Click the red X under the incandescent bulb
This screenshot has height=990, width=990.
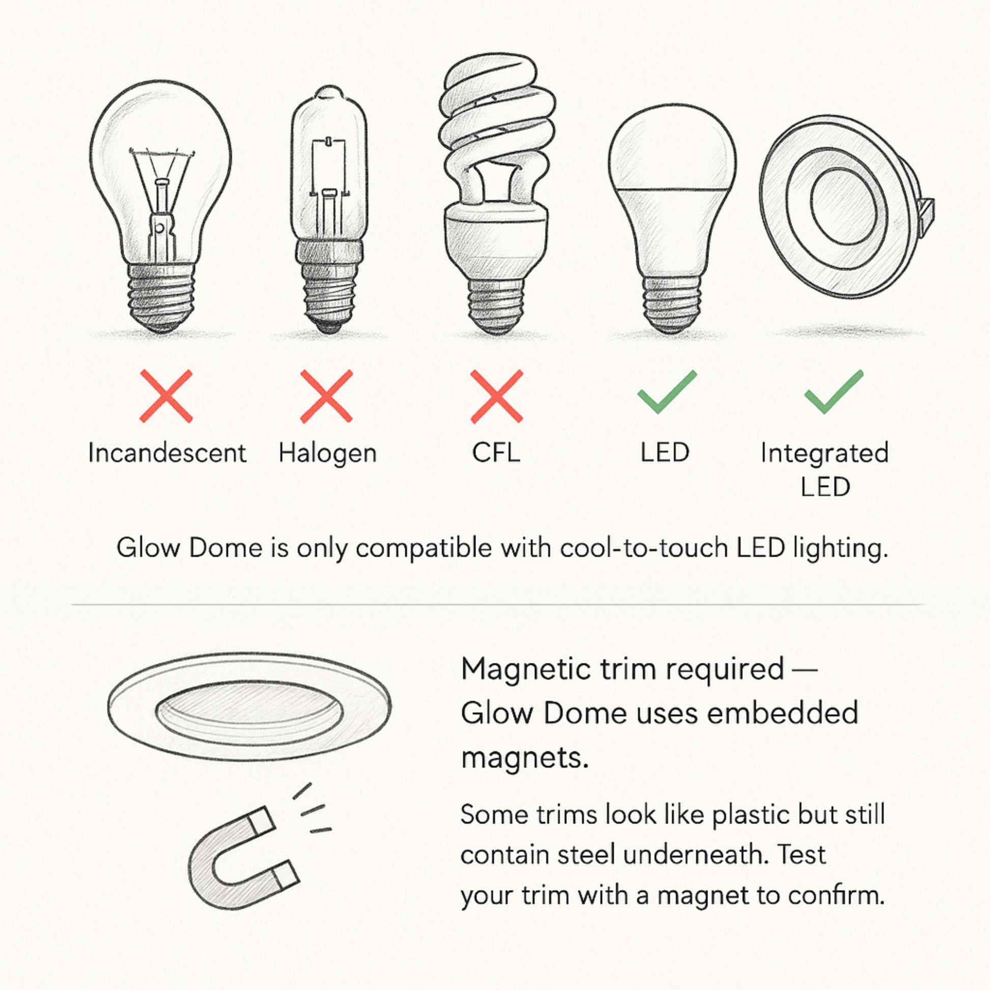point(166,396)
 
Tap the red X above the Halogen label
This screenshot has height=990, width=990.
point(327,396)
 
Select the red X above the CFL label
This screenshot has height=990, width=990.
point(497,396)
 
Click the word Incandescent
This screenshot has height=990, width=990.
point(167,453)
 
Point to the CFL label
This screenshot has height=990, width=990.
point(496,453)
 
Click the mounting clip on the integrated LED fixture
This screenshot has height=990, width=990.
point(926,213)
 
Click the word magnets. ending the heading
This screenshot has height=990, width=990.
point(525,759)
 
